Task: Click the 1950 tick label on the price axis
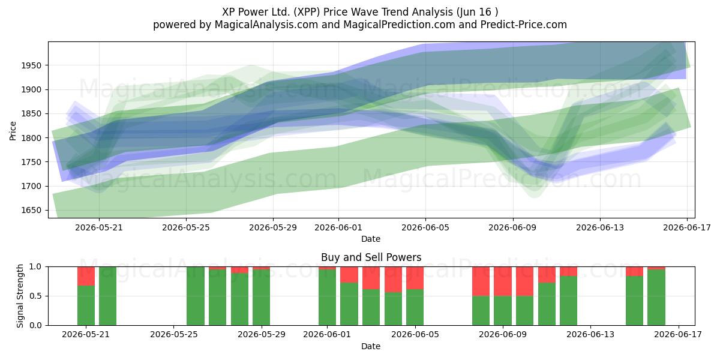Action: point(31,65)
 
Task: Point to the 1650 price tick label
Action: point(31,211)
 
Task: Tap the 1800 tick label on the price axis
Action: point(31,138)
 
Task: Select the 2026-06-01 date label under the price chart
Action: point(338,228)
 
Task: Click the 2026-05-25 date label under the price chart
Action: point(186,228)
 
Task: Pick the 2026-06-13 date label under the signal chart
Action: point(590,335)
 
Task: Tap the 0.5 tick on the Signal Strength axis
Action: point(35,296)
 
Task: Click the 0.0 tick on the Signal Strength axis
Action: point(35,325)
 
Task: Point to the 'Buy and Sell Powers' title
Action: point(371,257)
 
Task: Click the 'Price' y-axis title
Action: point(13,131)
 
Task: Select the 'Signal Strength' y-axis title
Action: point(20,296)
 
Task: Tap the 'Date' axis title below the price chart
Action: point(371,239)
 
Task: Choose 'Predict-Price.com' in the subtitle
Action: point(524,25)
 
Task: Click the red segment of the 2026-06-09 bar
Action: point(503,281)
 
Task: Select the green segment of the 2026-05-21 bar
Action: point(86,305)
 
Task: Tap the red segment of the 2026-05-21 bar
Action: point(86,276)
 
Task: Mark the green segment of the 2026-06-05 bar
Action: point(415,307)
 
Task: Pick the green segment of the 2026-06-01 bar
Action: point(327,298)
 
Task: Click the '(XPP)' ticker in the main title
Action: point(307,12)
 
